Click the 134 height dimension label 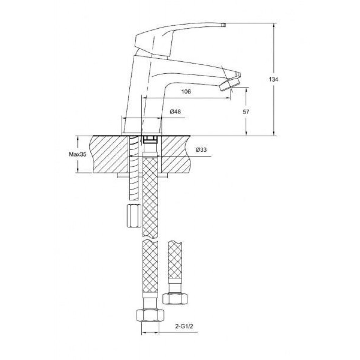coord(274,79)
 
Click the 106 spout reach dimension coord(186,92)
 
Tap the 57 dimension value coord(246,112)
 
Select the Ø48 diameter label coord(175,112)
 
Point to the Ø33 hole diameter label coord(201,150)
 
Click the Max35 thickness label coord(77,154)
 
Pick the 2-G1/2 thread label coord(184,326)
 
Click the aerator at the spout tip coord(230,84)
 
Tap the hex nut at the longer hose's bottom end coord(150,315)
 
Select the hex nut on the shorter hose coord(175,298)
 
